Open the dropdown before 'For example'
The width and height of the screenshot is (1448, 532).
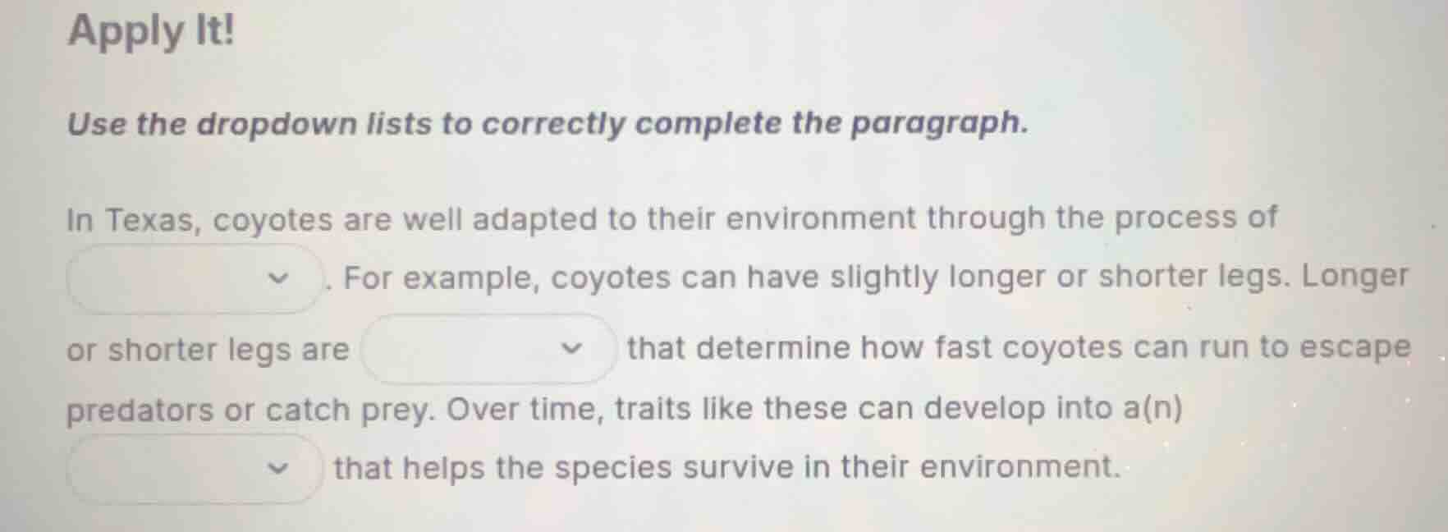pos(195,279)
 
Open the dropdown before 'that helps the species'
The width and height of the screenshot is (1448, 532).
pos(195,469)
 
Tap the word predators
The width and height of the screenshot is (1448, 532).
pos(139,410)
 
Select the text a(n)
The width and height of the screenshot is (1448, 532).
pos(1153,407)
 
